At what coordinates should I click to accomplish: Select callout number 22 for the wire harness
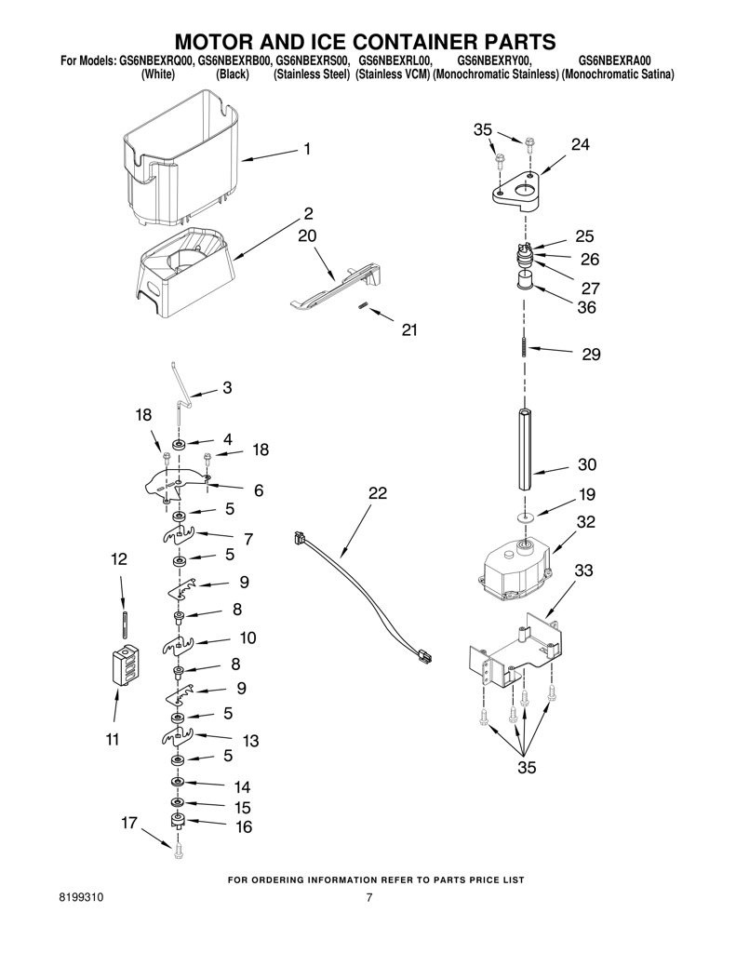tap(378, 493)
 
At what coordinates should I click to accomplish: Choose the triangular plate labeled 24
tap(515, 192)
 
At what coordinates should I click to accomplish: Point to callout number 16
tap(243, 827)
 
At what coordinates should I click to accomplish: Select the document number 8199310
tap(82, 897)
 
